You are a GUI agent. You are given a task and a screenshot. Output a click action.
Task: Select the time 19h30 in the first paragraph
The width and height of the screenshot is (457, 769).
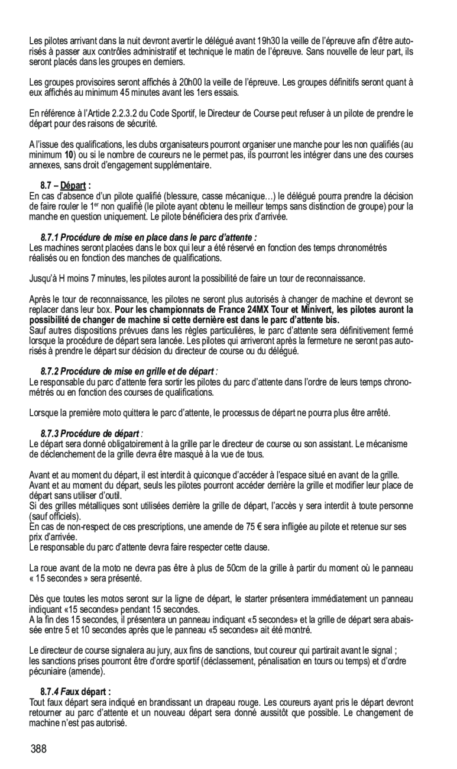click(x=270, y=41)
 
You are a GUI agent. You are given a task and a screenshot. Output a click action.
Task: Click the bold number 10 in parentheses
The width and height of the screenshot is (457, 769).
click(x=69, y=154)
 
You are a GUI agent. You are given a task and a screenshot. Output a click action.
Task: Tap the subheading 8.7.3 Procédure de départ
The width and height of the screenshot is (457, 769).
click(x=93, y=434)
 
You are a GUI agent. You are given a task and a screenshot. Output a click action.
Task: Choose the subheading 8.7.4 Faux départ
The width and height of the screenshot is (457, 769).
click(x=76, y=691)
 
